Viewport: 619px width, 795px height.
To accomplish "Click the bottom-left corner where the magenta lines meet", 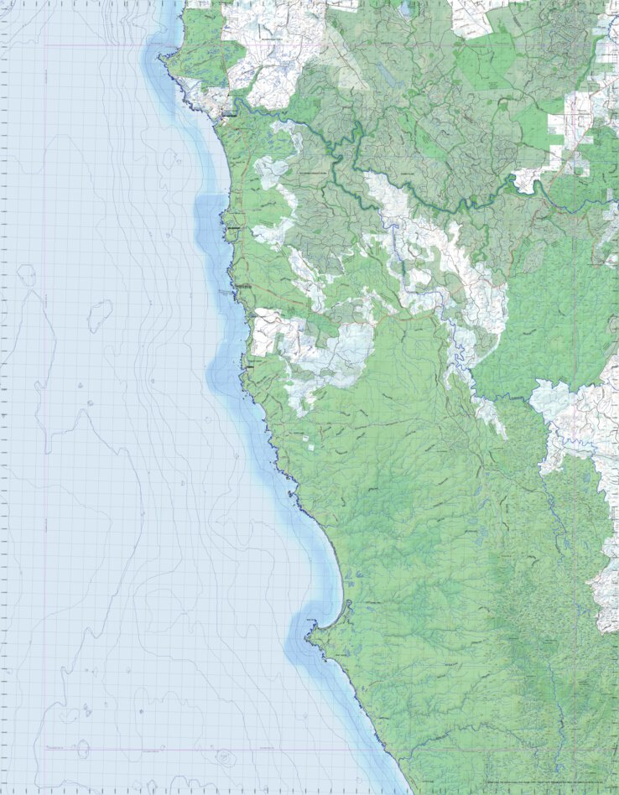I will pos(44,749).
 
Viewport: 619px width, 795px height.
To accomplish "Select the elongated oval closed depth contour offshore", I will pos(100,314).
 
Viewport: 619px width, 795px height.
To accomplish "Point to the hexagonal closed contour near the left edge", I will pos(26,272).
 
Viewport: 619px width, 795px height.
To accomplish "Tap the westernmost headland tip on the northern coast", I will pos(162,57).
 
